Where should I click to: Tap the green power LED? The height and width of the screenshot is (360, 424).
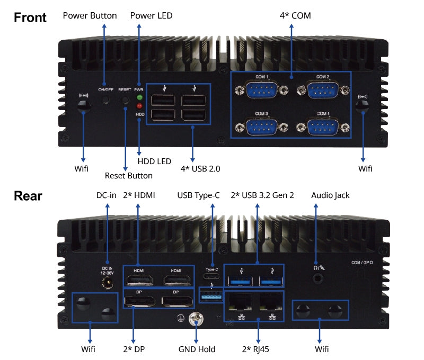pos(139,98)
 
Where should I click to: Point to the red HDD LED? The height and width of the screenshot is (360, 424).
pos(139,105)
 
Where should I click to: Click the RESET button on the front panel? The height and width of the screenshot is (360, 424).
pos(126,100)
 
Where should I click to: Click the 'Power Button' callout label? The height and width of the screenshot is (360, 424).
pos(90,15)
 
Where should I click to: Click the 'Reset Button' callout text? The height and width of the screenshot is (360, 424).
pos(128,176)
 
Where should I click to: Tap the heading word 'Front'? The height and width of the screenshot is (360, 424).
pos(30,17)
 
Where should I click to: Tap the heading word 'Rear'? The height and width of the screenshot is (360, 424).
pos(28,196)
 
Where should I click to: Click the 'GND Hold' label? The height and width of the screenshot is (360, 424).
pos(197,349)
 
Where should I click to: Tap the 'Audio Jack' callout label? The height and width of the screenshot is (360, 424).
pos(331,195)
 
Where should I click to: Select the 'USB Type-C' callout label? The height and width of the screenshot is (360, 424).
pos(198,195)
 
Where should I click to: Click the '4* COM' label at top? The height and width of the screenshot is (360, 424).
pos(295,15)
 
